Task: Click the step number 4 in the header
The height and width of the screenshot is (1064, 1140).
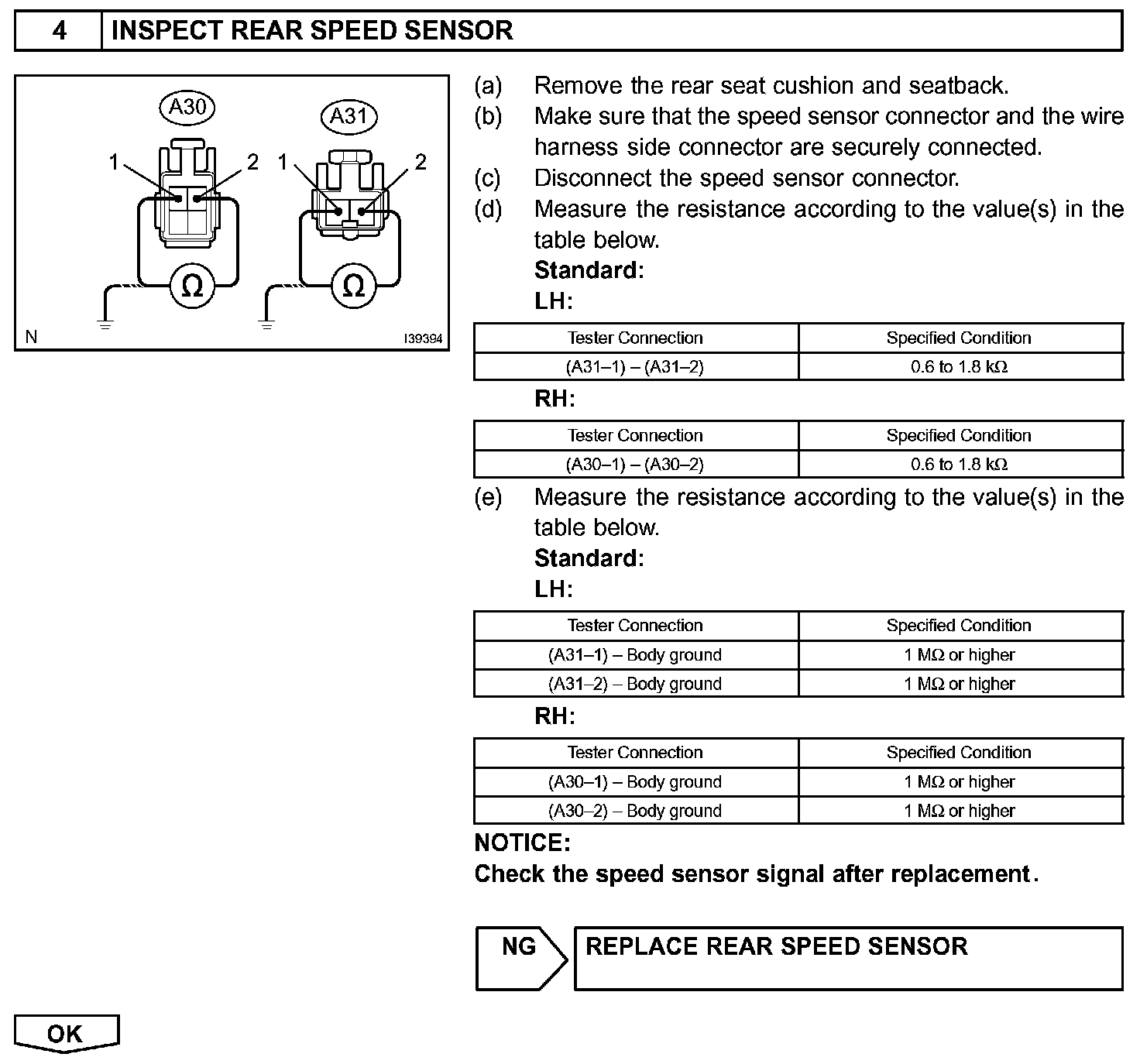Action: tap(59, 31)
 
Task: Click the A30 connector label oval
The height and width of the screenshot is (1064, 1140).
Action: tap(187, 107)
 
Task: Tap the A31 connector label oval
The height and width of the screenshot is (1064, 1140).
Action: tap(349, 116)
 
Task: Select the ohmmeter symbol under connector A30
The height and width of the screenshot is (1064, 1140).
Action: tap(191, 287)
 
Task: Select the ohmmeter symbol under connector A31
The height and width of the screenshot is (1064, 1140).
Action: tap(353, 287)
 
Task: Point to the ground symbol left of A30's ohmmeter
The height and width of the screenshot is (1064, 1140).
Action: tap(105, 324)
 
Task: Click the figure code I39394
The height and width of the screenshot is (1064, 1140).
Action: tap(423, 339)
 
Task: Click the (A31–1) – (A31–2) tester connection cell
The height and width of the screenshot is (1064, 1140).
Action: tap(635, 366)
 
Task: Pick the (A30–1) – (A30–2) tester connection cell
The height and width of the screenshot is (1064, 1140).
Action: tap(635, 464)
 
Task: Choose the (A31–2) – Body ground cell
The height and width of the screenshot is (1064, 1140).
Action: tap(635, 684)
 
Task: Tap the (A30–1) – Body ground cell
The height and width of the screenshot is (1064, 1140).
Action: tap(635, 781)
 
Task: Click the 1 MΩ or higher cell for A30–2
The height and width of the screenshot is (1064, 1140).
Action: tap(959, 811)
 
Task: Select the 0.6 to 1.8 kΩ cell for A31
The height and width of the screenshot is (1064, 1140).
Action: tap(959, 366)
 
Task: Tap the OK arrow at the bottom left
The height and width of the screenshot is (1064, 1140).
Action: tap(65, 1034)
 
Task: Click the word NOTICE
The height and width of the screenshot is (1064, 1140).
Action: tap(522, 843)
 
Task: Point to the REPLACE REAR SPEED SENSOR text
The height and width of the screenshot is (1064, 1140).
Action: tap(776, 946)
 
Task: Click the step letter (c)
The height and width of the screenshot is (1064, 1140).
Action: tap(487, 178)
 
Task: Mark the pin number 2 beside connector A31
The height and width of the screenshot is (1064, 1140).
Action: tap(421, 162)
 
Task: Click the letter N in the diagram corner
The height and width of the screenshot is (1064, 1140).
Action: tap(31, 336)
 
